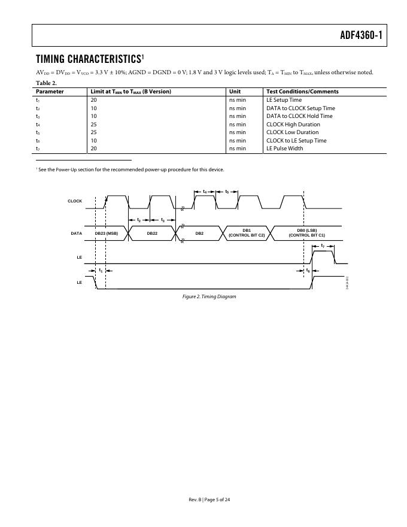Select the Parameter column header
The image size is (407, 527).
[x=50, y=92]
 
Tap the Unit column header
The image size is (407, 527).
[x=235, y=92]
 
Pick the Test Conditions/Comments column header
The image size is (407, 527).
[x=302, y=92]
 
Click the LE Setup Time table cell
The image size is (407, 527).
[x=284, y=100]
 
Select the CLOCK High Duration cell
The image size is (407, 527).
[x=293, y=125]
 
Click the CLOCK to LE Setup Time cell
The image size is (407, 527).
[x=296, y=141]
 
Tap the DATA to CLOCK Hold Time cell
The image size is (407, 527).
[x=299, y=116]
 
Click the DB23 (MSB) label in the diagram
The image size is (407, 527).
[x=107, y=233]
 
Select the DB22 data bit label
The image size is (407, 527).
[x=152, y=233]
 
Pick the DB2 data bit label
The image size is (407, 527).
[x=199, y=233]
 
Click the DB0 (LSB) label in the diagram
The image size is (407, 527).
[x=306, y=231]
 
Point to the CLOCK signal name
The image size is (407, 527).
[x=75, y=201]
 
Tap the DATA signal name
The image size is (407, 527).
[x=76, y=233]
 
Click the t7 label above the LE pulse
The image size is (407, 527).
[x=323, y=246]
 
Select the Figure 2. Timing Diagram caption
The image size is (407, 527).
[x=205, y=297]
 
